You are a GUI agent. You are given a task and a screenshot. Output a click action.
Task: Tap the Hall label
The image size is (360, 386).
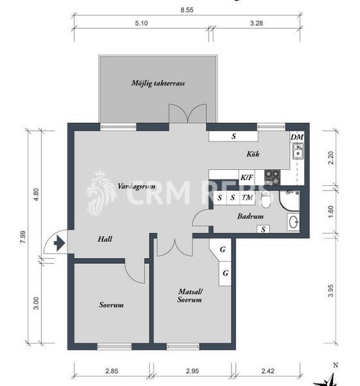pyautogui.click(x=105, y=239)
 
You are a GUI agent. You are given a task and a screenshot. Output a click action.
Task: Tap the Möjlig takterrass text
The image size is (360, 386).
pyautogui.click(x=158, y=84)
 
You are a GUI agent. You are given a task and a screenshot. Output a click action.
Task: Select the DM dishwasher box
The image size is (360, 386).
pyautogui.click(x=296, y=137)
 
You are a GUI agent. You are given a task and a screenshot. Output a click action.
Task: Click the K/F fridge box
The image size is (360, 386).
pyautogui.click(x=247, y=177)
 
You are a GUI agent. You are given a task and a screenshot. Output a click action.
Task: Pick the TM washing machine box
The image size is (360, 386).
pyautogui.click(x=247, y=198)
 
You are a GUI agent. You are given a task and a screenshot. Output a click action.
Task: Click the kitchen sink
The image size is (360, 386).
pyautogui.click(x=298, y=152)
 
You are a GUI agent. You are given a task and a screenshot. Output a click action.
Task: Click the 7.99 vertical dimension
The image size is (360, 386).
pyautogui.click(x=23, y=236)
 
